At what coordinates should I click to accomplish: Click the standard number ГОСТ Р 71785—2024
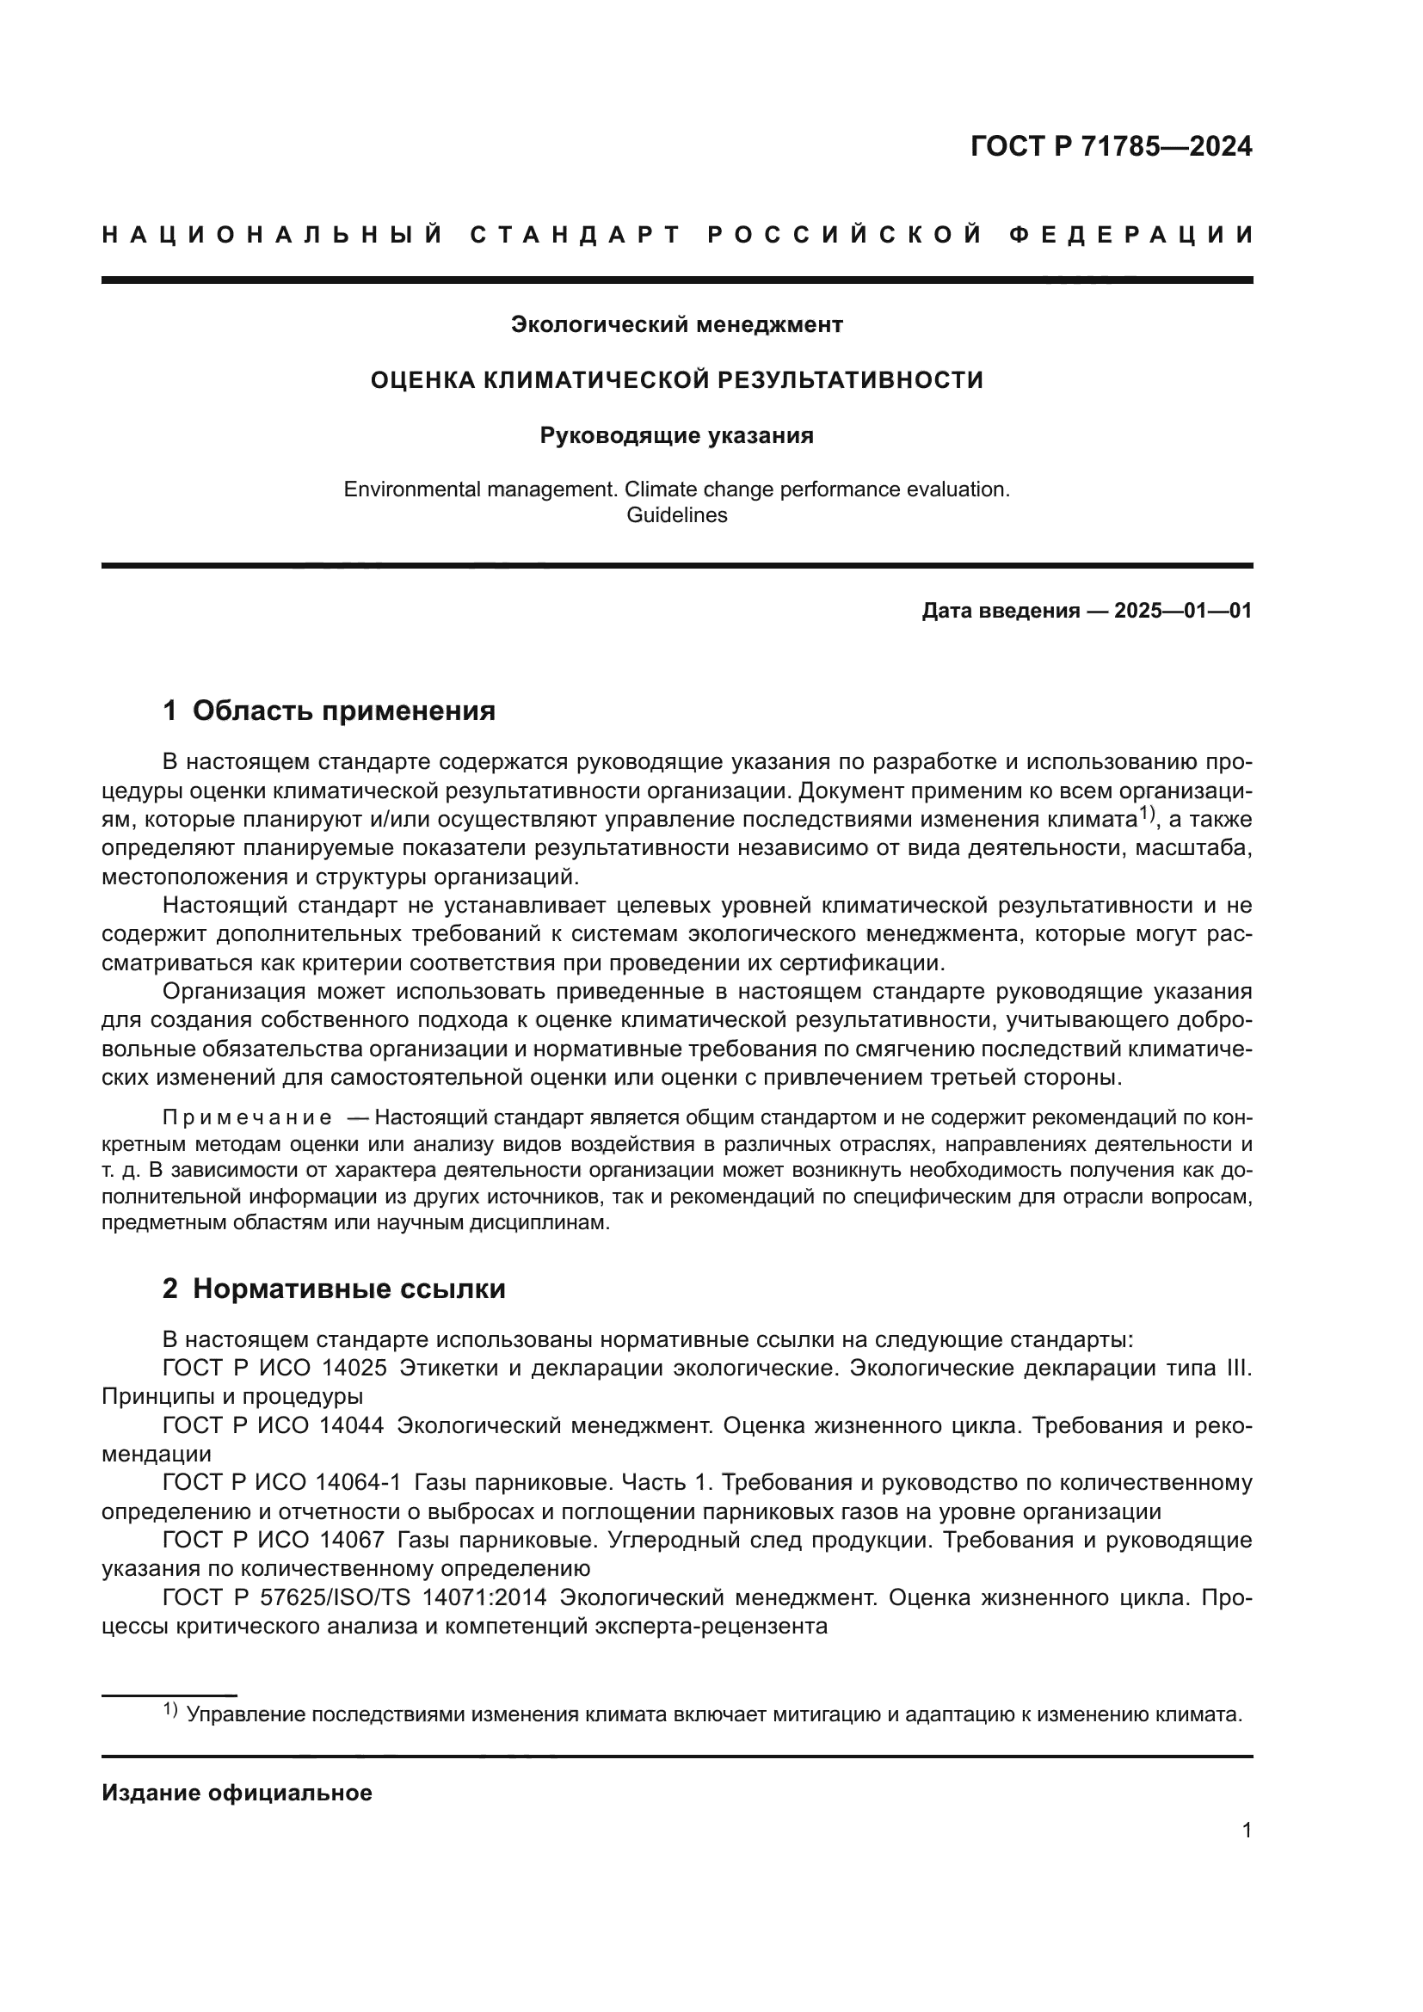point(1111,146)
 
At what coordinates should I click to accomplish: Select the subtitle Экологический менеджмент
point(676,325)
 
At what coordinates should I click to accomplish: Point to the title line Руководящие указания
point(676,435)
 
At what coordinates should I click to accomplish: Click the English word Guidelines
point(676,515)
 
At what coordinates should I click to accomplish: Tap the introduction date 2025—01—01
point(1183,611)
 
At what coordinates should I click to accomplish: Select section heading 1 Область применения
point(330,710)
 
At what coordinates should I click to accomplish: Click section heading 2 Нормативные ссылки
point(334,1289)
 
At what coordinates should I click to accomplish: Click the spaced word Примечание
point(247,1117)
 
